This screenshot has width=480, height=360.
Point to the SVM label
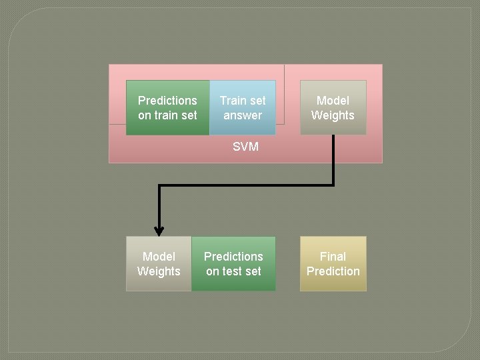click(245, 147)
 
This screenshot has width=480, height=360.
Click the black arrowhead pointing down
click(159, 230)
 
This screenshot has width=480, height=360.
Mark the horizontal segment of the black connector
click(247, 185)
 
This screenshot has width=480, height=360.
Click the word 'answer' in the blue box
click(243, 115)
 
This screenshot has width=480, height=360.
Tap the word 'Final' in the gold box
click(333, 256)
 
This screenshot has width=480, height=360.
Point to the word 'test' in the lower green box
click(233, 271)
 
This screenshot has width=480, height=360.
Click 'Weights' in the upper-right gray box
click(333, 115)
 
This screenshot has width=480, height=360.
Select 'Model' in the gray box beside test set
click(159, 256)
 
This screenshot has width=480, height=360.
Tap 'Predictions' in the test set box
click(233, 256)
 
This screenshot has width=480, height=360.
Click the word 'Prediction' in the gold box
click(333, 271)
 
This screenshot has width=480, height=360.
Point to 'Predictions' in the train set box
click(167, 101)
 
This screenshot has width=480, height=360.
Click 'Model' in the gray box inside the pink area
click(333, 101)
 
